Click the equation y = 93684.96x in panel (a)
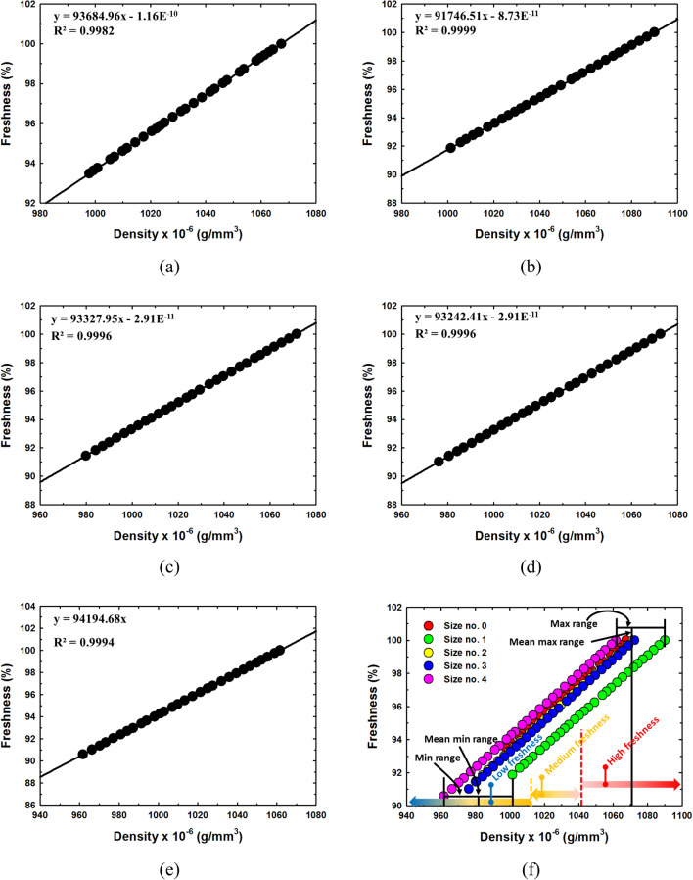point(118,17)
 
